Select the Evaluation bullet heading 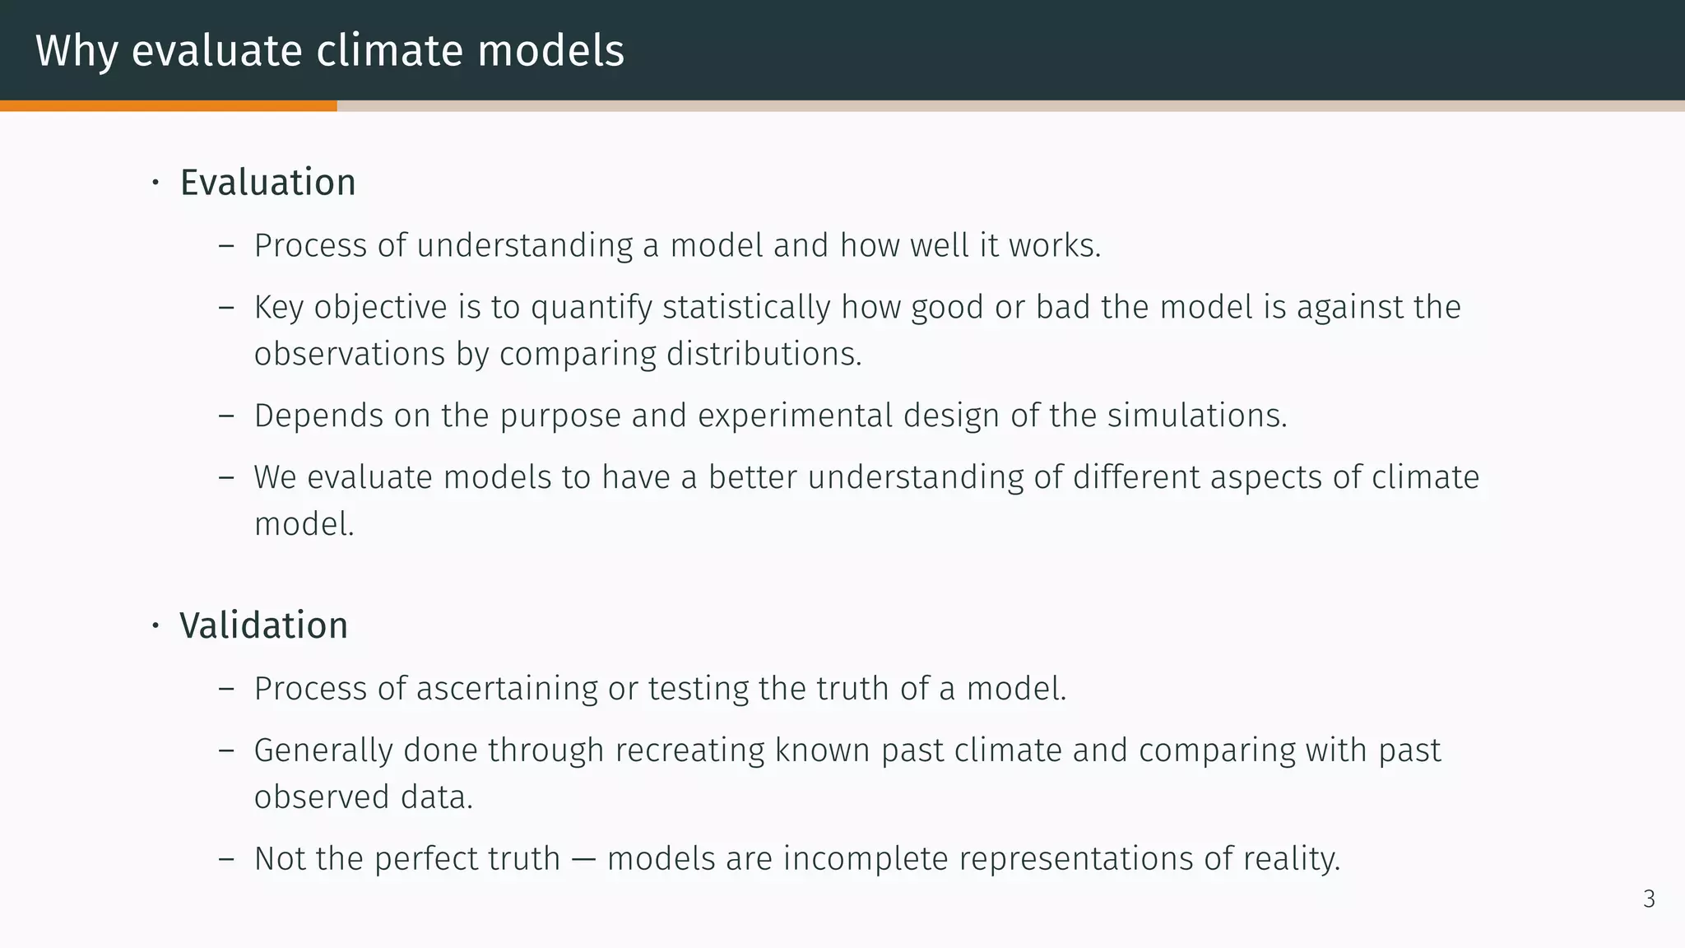267,183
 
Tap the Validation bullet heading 263,625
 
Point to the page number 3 1649,899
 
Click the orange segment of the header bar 168,106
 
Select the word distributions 764,354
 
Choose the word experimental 795,416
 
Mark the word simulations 1196,416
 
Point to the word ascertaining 507,689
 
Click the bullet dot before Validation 155,626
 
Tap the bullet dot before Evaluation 155,184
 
